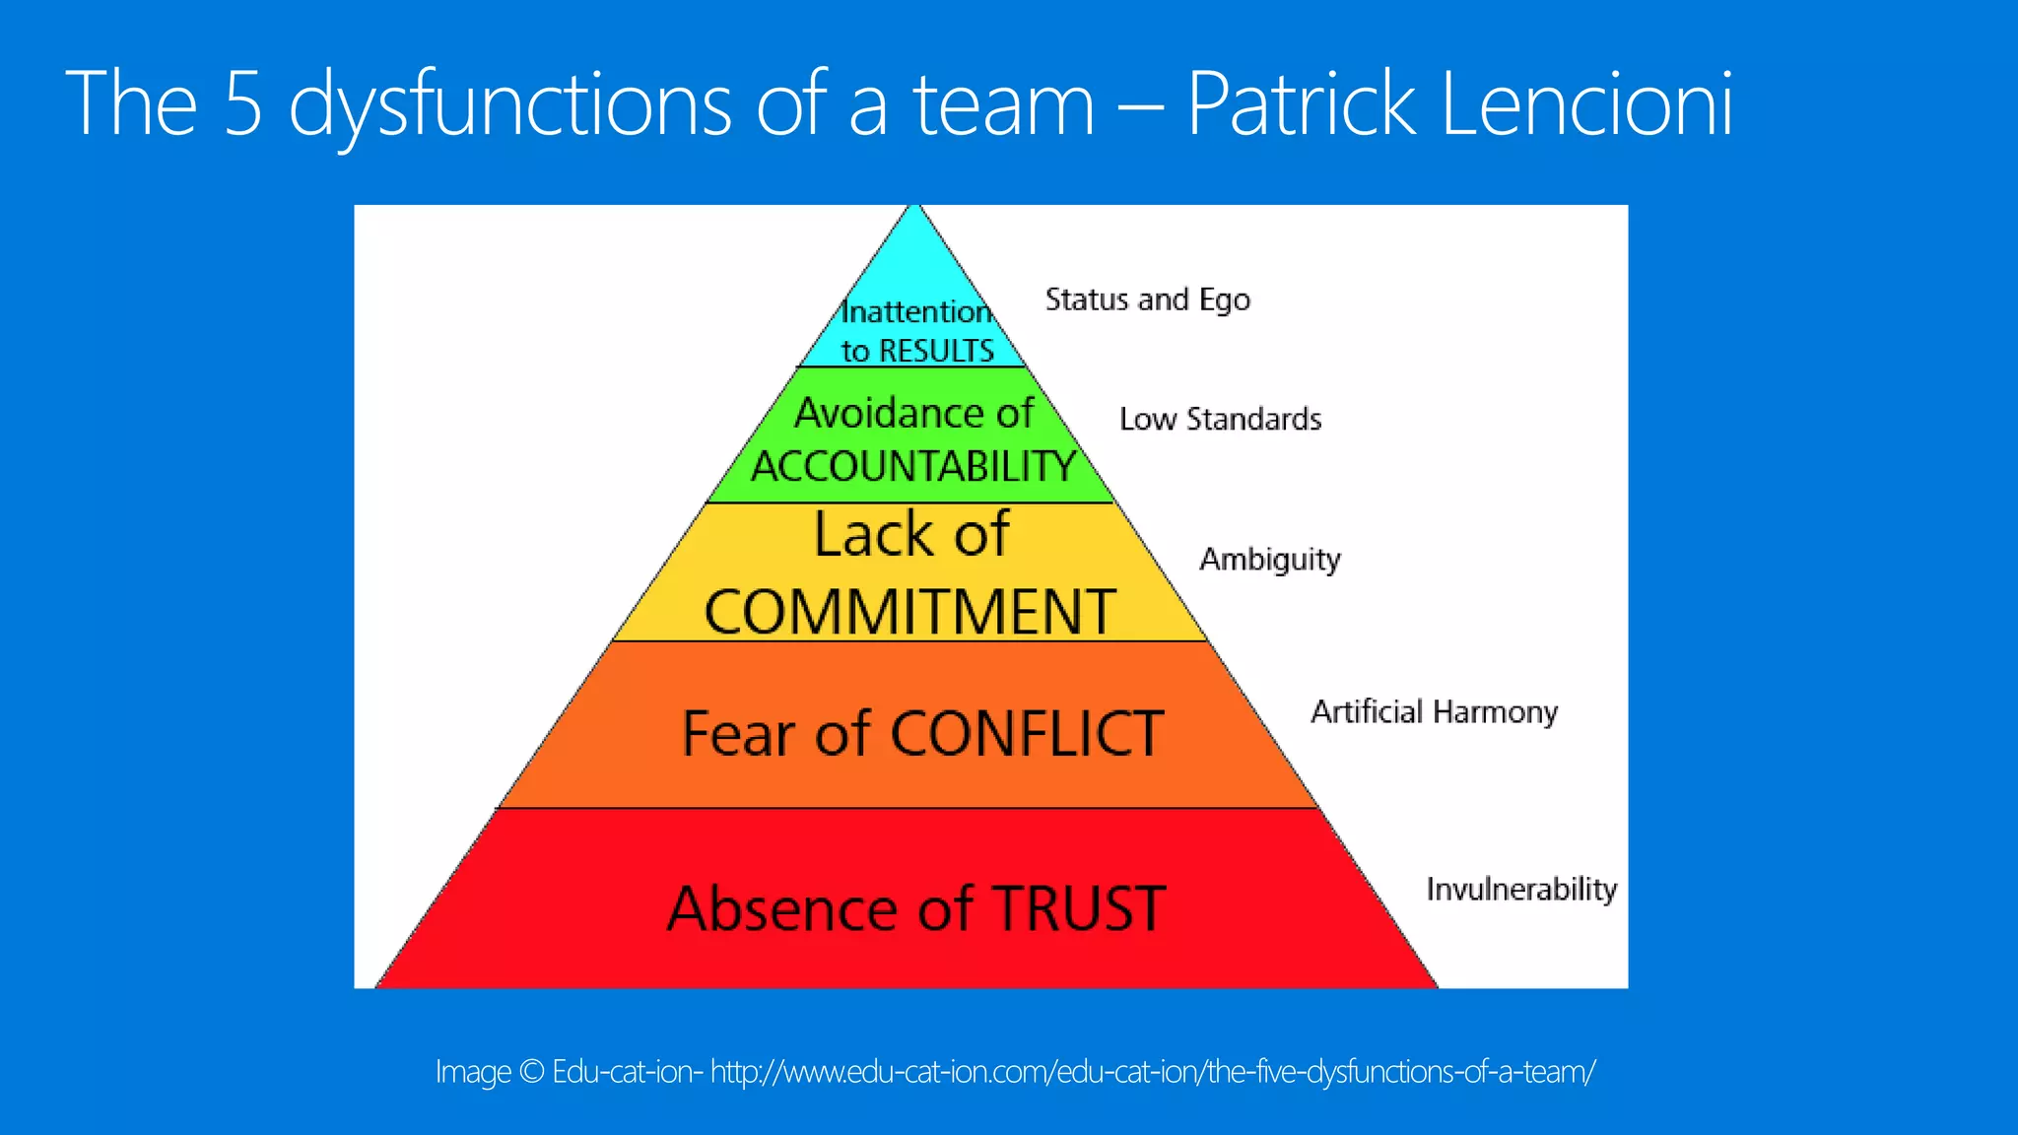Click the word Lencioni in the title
1586,102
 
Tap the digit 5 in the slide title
243,102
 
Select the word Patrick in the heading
1301,102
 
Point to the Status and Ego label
1147,300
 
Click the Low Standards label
1220,420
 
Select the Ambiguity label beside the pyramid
1269,560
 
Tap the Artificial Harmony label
1434,711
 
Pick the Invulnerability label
1521,889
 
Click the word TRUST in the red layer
1079,908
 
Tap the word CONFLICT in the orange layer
1027,734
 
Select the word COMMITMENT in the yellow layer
909,612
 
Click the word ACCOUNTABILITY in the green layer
913,466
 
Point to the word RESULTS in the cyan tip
936,351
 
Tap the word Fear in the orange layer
738,734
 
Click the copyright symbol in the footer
531,1072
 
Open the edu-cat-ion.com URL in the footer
1153,1072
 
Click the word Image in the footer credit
473,1072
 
